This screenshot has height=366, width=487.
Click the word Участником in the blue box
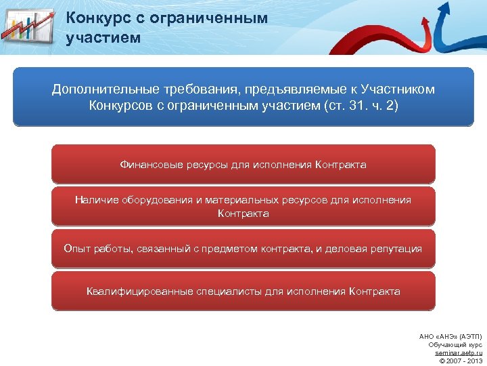point(398,90)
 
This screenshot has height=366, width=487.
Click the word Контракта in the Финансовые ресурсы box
point(341,165)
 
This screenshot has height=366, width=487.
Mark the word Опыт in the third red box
point(76,249)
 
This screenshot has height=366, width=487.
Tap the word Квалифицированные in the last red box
point(139,291)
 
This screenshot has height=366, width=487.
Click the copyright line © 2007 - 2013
point(461,361)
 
